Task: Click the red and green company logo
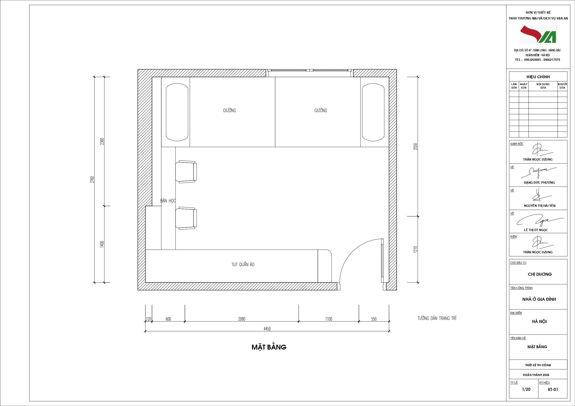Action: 538,34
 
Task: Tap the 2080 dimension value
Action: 242,319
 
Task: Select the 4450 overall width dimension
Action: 267,329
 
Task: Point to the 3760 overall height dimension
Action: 92,180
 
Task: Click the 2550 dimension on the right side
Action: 415,147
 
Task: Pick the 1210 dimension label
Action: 415,249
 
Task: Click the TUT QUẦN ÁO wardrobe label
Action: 243,264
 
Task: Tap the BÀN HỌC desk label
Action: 168,201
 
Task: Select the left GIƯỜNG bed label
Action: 229,110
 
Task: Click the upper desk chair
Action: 186,172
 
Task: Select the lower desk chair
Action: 186,218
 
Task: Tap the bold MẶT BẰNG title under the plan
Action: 269,347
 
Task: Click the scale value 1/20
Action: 526,389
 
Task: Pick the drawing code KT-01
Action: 553,390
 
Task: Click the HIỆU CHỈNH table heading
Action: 538,77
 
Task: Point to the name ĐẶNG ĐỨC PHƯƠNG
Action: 539,183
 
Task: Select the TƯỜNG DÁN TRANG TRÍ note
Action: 437,318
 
